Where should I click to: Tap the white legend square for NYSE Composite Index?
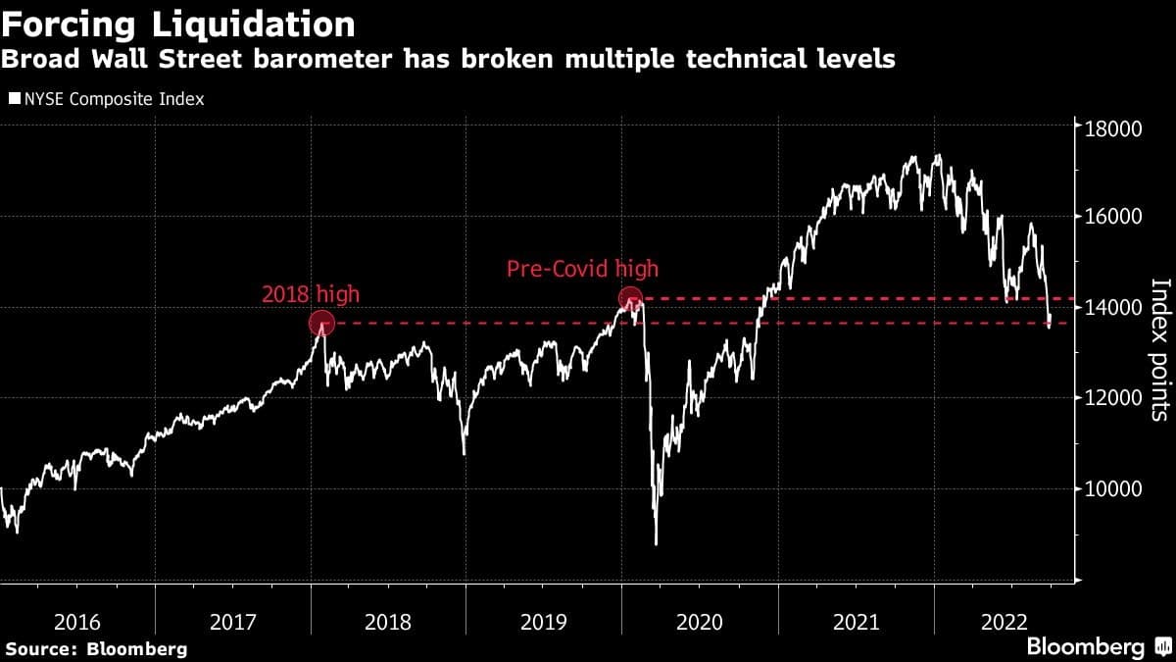click(x=14, y=99)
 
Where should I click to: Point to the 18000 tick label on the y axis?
click(x=1112, y=127)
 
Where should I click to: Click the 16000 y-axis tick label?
click(x=1112, y=217)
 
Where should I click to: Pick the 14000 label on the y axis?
click(x=1112, y=308)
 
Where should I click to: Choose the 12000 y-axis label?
click(x=1112, y=398)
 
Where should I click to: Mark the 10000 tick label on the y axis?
click(x=1112, y=488)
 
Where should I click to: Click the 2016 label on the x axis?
click(x=77, y=621)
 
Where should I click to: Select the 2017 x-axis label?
click(x=233, y=621)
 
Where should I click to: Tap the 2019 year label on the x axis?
click(x=544, y=621)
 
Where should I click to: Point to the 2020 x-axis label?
click(x=701, y=621)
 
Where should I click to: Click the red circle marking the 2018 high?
click(x=321, y=323)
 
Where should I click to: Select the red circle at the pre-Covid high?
click(x=630, y=297)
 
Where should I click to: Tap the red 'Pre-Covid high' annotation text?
click(x=582, y=269)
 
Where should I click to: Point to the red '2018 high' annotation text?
click(x=311, y=293)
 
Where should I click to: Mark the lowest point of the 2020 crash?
click(x=656, y=544)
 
